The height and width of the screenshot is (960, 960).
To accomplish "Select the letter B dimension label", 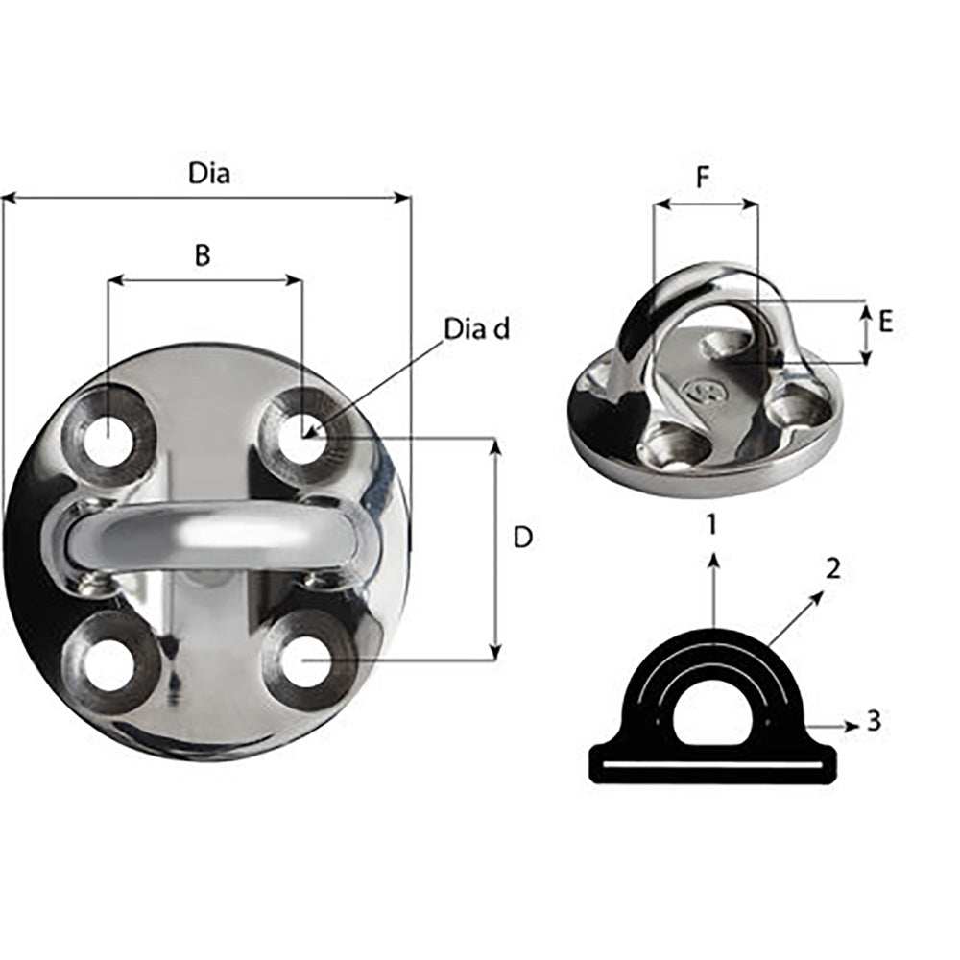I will pyautogui.click(x=203, y=255).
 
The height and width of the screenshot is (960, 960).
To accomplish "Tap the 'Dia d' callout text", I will pyautogui.click(x=476, y=329).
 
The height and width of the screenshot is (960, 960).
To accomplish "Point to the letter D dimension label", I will pyautogui.click(x=523, y=539).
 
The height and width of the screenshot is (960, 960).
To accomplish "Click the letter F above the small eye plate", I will pyautogui.click(x=704, y=180).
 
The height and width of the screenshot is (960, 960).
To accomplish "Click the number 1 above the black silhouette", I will pyautogui.click(x=711, y=524).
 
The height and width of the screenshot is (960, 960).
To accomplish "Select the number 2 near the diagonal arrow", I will pyautogui.click(x=833, y=568).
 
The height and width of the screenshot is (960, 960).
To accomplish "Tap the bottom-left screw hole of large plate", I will pyautogui.click(x=109, y=663).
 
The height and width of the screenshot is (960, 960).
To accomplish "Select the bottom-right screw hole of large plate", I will pyautogui.click(x=305, y=663).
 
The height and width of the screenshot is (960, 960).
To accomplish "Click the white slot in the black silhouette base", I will pyautogui.click(x=711, y=765).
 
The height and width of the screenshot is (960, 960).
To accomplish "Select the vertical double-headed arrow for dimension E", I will pyautogui.click(x=866, y=333).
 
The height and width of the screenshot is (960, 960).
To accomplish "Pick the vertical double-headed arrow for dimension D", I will pyautogui.click(x=495, y=550).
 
